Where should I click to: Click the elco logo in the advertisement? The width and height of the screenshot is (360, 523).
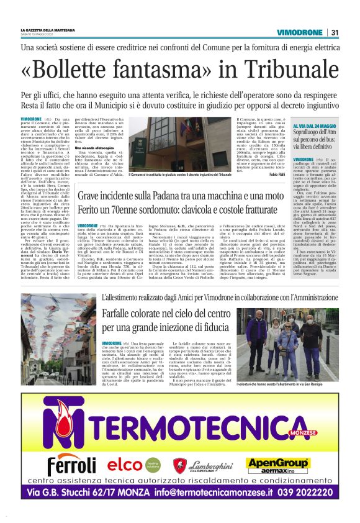tap(127, 464)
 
